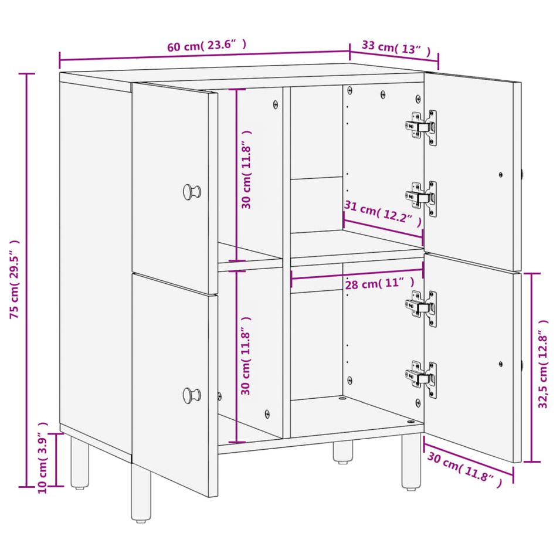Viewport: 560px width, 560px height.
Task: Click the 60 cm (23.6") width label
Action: [206, 45]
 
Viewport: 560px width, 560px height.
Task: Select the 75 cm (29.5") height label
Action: [15, 279]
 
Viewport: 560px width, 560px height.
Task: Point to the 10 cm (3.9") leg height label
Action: [42, 457]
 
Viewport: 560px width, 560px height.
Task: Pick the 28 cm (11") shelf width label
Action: [379, 283]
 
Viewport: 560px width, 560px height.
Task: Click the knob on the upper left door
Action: [192, 192]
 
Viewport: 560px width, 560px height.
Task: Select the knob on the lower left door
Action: [192, 395]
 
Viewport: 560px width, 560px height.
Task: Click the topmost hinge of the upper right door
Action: [422, 127]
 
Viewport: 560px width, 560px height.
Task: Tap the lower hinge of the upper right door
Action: [422, 199]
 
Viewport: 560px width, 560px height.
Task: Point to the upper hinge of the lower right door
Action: [422, 308]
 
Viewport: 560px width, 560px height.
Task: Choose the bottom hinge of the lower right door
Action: [422, 379]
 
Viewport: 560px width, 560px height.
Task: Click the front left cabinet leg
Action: [141, 492]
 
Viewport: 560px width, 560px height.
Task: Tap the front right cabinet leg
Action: [411, 462]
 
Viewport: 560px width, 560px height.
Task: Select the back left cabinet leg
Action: [79, 463]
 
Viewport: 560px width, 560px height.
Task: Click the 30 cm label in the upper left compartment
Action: [246, 169]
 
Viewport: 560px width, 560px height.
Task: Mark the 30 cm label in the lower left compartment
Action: [246, 356]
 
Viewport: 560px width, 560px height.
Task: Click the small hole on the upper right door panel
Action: [500, 175]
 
